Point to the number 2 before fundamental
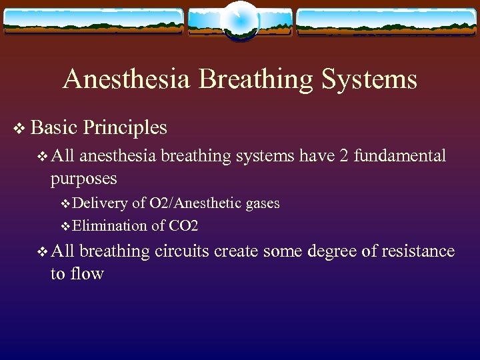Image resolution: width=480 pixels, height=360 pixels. (342, 156)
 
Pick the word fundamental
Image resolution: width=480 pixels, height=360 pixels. (399, 156)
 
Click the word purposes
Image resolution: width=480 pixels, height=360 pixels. (83, 179)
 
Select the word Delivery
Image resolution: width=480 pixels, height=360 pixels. (100, 203)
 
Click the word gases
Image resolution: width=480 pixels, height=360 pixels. (263, 203)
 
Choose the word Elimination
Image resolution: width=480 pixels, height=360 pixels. (109, 226)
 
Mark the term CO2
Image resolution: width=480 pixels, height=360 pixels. (183, 226)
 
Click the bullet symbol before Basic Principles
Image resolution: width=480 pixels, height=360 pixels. (18, 127)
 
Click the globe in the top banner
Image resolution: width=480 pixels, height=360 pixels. (239, 21)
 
